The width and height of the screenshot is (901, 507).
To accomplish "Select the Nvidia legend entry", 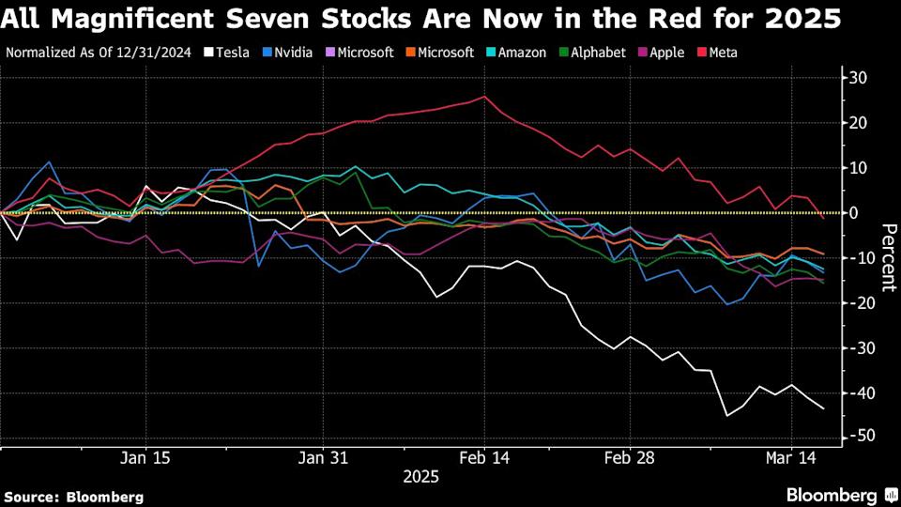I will pyautogui.click(x=287, y=53).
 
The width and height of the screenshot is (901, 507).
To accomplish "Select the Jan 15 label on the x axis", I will pyautogui.click(x=146, y=458).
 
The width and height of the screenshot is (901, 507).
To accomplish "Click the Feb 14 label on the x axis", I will pyautogui.click(x=484, y=458).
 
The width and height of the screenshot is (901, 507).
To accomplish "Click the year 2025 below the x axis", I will pyautogui.click(x=420, y=477).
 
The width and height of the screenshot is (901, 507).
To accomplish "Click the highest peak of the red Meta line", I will pyautogui.click(x=484, y=96).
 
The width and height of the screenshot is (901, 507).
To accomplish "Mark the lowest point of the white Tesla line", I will pyautogui.click(x=726, y=415).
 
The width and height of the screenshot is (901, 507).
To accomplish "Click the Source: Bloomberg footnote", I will pyautogui.click(x=74, y=496).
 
